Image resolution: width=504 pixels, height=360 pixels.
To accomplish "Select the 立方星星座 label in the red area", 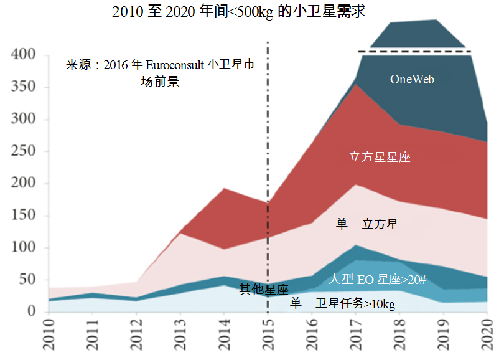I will coord(380,157).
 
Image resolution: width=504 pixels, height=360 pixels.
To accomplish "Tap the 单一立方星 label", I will coord(367,224).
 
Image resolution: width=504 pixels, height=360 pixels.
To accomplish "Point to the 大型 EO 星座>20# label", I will coord(377,278).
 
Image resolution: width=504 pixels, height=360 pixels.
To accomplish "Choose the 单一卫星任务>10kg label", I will coord(343,304).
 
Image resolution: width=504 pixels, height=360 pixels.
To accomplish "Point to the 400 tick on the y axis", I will coord(23,55).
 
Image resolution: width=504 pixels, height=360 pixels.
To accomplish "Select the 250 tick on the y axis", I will coord(23,151).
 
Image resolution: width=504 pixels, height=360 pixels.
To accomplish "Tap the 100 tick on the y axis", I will coord(23,248).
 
